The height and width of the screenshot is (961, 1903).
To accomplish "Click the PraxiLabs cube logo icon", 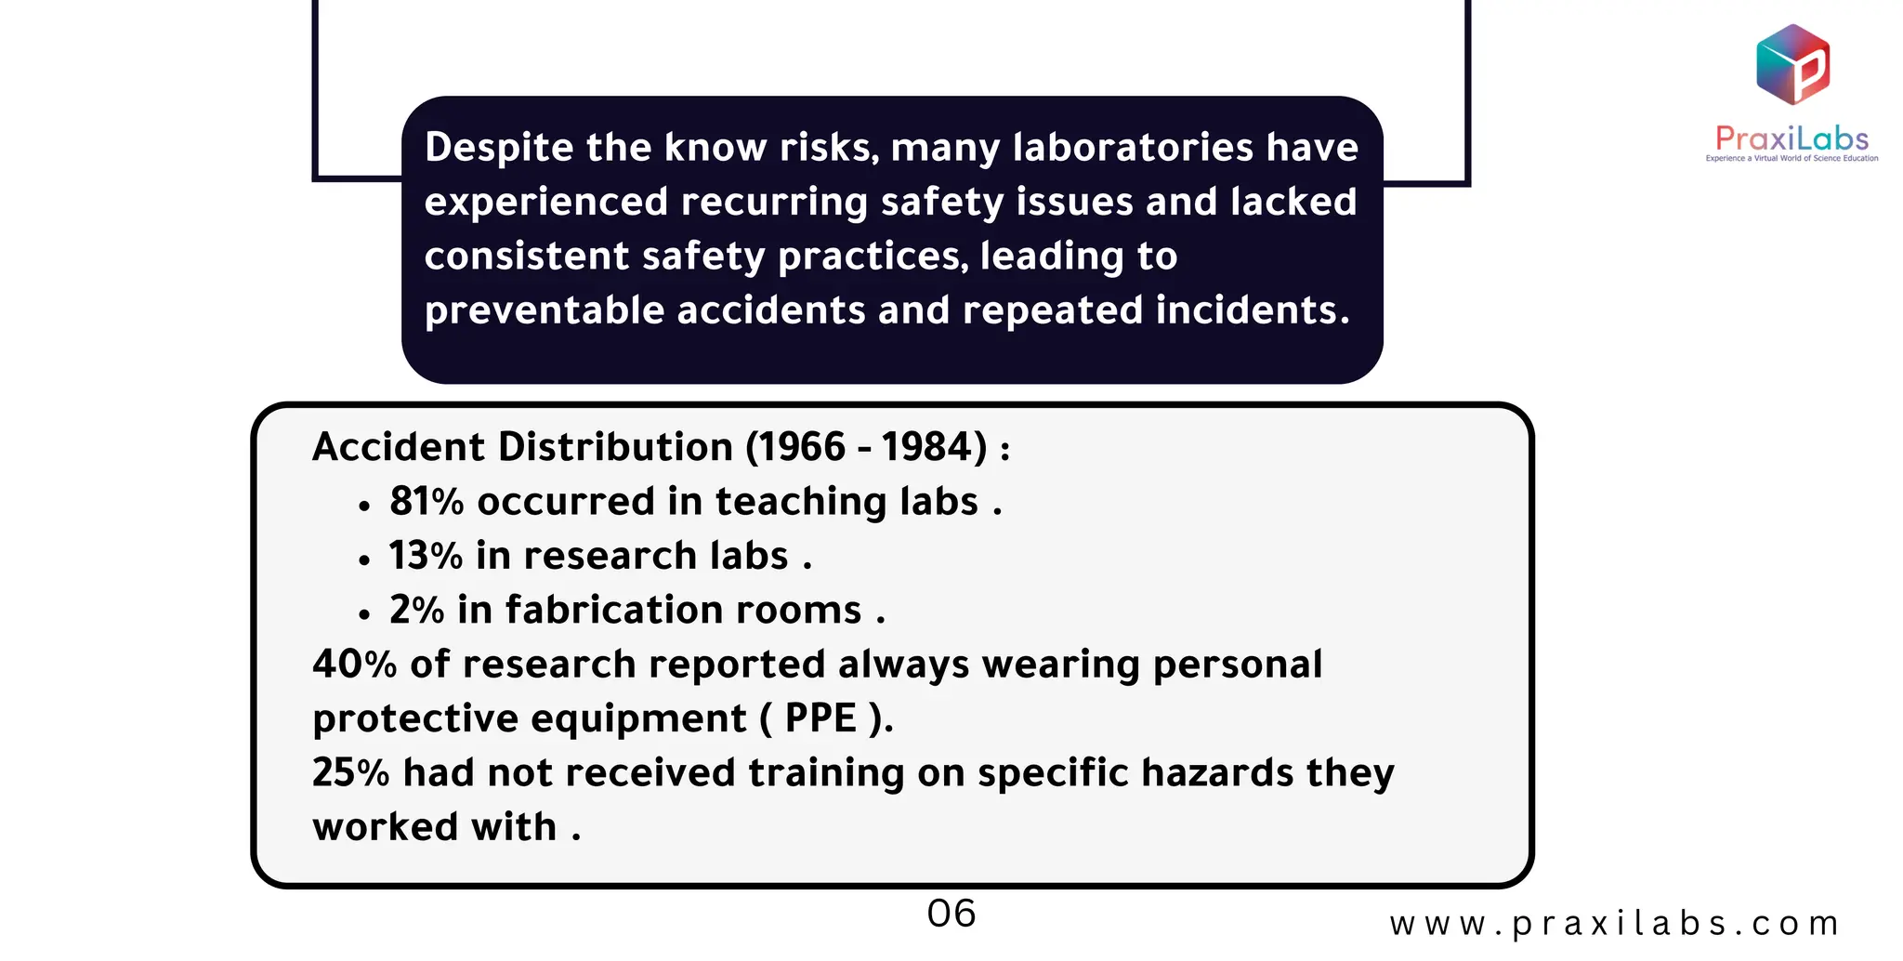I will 1792,64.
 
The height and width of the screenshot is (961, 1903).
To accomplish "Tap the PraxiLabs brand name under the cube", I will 1791,139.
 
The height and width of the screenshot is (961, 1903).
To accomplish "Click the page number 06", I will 951,914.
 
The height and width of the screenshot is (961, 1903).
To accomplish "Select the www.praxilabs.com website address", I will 1614,924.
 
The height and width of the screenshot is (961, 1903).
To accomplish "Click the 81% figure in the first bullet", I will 427,502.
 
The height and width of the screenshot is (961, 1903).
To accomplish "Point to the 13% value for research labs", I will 426,556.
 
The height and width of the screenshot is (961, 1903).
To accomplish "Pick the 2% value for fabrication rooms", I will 416,611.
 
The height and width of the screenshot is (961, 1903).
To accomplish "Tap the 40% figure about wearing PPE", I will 354,665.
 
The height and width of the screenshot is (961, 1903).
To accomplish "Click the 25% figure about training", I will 350,773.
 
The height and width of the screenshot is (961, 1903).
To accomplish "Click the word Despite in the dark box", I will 499,149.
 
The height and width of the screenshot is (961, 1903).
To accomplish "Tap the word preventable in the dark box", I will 545,310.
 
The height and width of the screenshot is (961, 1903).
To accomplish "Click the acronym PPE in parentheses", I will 820,718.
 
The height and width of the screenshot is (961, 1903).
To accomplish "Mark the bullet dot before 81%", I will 364,507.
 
